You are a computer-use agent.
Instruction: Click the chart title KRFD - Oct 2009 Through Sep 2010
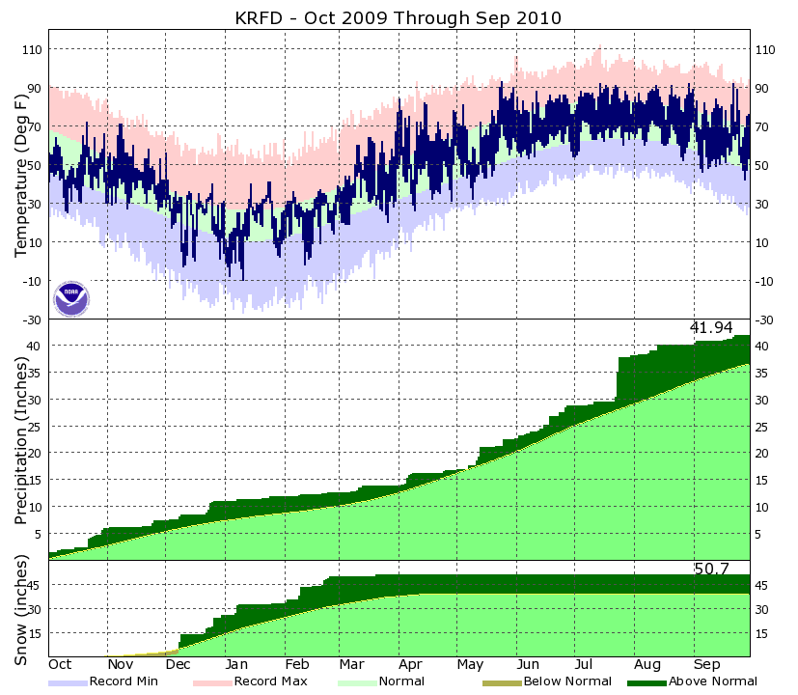point(399,17)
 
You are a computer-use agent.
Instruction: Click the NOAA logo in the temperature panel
point(70,299)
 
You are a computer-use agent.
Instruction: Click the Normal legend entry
point(377,681)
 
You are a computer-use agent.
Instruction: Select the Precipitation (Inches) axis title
point(21,440)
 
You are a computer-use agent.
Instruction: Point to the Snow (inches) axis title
point(21,610)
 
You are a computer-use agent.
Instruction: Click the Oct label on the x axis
point(60,665)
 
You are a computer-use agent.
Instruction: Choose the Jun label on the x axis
point(528,665)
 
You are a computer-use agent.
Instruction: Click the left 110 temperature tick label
point(31,49)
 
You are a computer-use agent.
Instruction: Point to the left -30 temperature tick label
point(31,320)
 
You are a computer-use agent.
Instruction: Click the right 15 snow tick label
point(761,633)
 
